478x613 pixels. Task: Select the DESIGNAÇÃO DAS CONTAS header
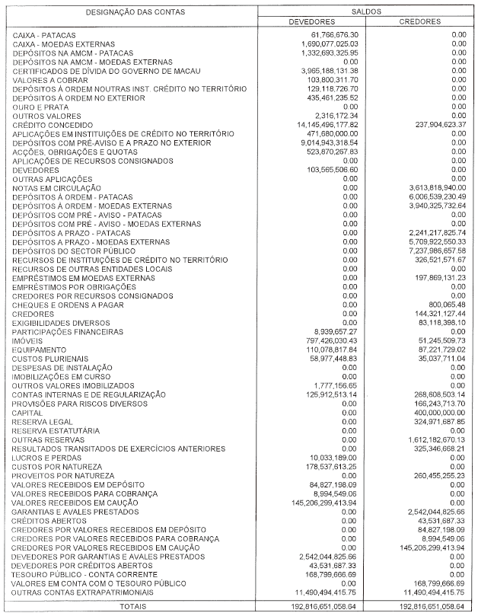tap(131, 13)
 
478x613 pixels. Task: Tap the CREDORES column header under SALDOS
tap(420, 23)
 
